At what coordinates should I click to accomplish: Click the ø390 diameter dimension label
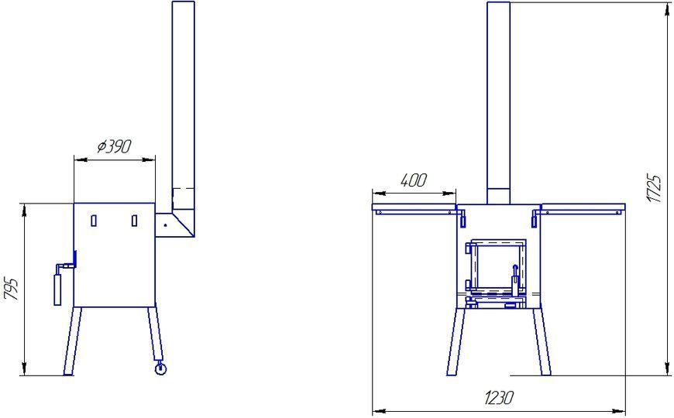114,147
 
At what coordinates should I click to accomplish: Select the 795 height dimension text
12,289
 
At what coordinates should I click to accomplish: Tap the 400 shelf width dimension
414,180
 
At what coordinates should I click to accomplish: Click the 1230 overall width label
499,398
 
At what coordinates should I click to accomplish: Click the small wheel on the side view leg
160,368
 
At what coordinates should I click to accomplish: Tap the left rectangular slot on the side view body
94,221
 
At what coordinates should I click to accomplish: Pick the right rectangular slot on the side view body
135,221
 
